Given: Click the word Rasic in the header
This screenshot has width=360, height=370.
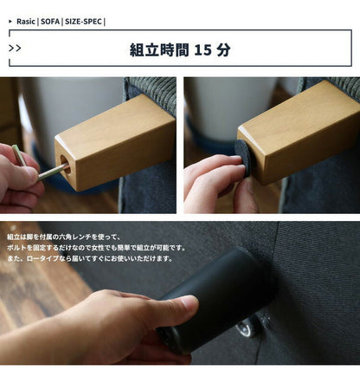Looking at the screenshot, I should click(x=25, y=19).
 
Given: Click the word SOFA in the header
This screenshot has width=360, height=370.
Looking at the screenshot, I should click(x=50, y=19).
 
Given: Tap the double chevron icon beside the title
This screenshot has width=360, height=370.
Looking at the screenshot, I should click(x=15, y=49).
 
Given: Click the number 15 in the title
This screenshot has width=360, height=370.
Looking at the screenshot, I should click(x=202, y=49).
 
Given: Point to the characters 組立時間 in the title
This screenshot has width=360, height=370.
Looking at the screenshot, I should click(x=157, y=49).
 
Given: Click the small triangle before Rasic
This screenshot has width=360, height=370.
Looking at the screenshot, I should click(x=10, y=19).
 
